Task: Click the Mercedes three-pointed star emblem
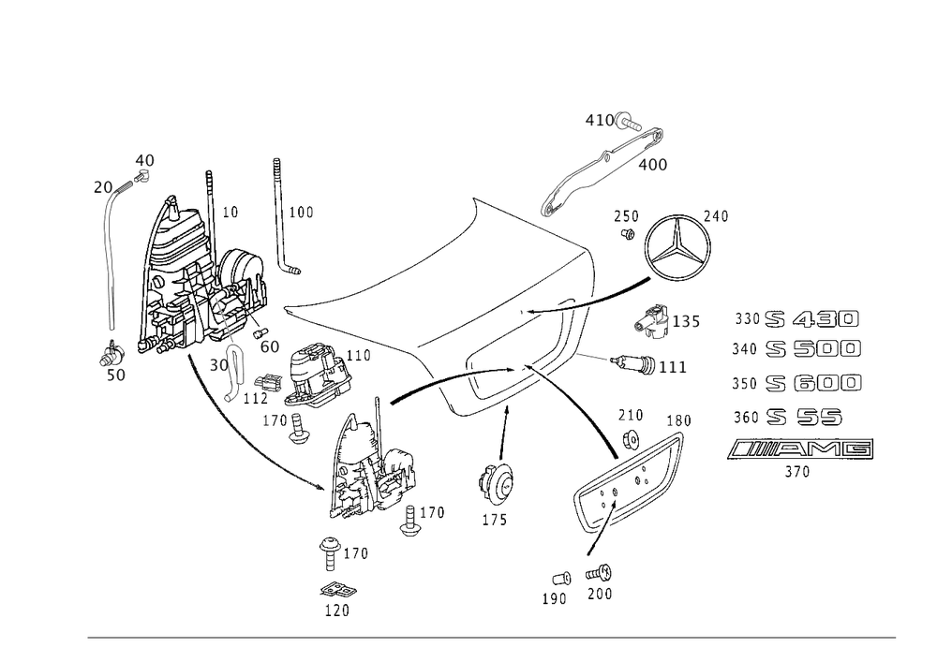(677, 246)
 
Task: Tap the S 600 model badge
(813, 383)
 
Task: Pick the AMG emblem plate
(800, 449)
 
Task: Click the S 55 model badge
(804, 417)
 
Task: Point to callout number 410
(600, 121)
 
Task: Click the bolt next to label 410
(628, 122)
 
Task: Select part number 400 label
(652, 165)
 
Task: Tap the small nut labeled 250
(628, 233)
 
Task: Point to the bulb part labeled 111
(634, 363)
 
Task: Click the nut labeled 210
(631, 439)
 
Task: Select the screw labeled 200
(599, 574)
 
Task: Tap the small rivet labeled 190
(561, 579)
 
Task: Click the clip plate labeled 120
(338, 591)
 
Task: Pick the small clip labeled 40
(141, 176)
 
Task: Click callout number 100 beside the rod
(301, 213)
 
